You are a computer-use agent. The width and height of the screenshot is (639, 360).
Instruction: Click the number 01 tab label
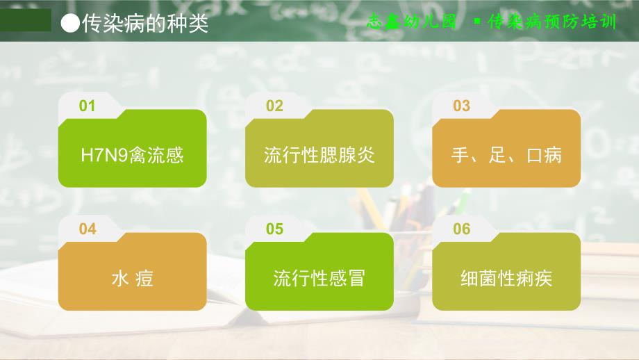87,106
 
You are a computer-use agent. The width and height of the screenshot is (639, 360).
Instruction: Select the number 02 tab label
274,106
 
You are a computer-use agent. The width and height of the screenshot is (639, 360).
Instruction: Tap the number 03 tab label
461,106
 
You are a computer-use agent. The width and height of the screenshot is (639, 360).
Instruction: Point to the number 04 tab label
88,229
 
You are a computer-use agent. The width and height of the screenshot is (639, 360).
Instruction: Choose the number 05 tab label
274,229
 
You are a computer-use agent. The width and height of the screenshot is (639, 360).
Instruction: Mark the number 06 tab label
461,229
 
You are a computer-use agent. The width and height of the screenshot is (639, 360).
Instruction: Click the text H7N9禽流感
132,154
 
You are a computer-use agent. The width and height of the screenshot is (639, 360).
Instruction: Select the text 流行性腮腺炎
319,154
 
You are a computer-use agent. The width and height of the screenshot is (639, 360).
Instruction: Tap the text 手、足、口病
506,154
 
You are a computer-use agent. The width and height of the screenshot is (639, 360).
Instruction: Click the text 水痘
132,279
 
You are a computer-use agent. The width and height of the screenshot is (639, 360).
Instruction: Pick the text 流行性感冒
319,279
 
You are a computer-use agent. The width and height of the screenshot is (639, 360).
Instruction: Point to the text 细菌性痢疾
506,279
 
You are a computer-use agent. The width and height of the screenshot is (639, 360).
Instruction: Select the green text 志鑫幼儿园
412,22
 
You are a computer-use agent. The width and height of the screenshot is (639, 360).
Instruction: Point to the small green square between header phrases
476,22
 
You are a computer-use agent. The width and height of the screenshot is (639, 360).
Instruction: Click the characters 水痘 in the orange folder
132,279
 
